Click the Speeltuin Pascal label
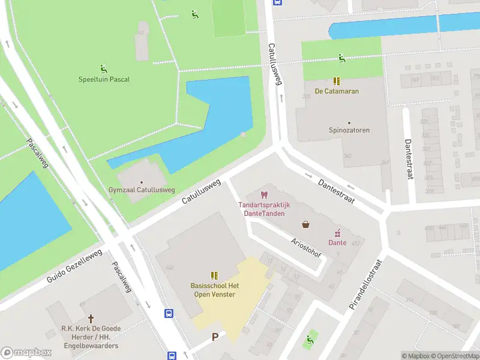coord(104,79)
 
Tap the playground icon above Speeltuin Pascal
coord(104,68)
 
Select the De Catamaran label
coord(337,91)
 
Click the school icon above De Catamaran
coord(337,81)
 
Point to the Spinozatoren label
coord(349,130)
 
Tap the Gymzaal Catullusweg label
coord(142,190)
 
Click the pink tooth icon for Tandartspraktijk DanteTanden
coord(263,195)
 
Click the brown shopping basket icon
coord(306,225)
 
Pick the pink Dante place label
coord(337,242)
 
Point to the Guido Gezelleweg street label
coord(74,268)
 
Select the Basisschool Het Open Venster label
coord(214,290)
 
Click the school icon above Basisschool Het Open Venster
coord(214,275)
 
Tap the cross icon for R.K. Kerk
coord(91,319)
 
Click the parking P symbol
coord(214,337)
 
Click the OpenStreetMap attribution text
coord(457,356)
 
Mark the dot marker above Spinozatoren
coord(349,122)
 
